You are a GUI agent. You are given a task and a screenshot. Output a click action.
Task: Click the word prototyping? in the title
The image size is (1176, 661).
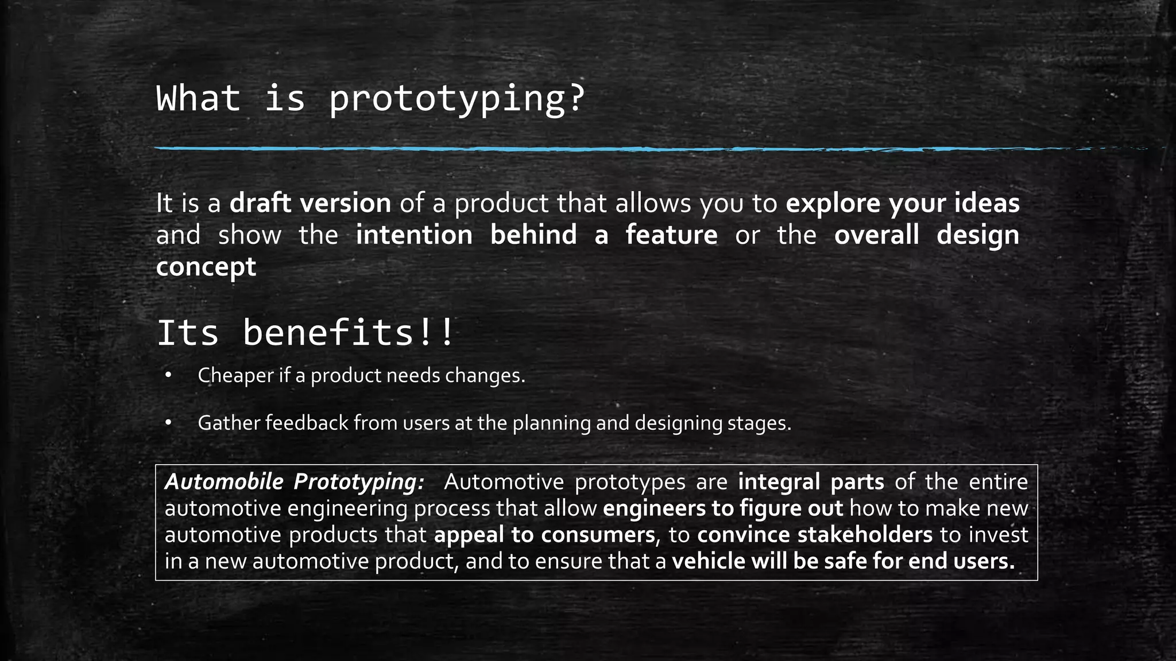click(x=457, y=99)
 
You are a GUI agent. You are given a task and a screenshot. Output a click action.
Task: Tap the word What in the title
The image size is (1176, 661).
click(x=198, y=99)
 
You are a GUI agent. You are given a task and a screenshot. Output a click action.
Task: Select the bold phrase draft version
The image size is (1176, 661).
click(x=310, y=204)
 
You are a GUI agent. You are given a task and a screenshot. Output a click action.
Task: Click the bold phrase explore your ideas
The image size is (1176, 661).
click(x=902, y=204)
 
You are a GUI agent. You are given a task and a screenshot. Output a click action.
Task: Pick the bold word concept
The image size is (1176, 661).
click(x=206, y=267)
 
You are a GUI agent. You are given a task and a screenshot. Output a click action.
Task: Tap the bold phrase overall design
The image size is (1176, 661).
click(x=926, y=235)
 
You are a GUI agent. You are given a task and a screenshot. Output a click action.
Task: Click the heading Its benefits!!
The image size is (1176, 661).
click(x=305, y=333)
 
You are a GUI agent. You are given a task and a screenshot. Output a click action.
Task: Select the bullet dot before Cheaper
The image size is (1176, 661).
click(x=168, y=376)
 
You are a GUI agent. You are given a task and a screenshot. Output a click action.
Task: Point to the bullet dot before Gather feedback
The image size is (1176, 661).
click(x=168, y=423)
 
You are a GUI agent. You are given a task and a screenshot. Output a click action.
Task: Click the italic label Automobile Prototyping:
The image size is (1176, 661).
click(x=295, y=482)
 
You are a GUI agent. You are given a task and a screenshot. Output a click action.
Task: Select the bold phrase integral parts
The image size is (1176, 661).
click(x=811, y=482)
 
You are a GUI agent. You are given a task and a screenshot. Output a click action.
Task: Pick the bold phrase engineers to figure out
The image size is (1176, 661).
click(x=723, y=508)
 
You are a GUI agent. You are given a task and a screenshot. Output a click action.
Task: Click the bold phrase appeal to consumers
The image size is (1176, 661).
click(x=544, y=535)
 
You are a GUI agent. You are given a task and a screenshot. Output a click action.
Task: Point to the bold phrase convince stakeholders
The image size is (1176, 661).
click(x=815, y=535)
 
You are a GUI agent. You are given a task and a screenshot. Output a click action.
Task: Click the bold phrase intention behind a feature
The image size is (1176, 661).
click(x=536, y=235)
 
